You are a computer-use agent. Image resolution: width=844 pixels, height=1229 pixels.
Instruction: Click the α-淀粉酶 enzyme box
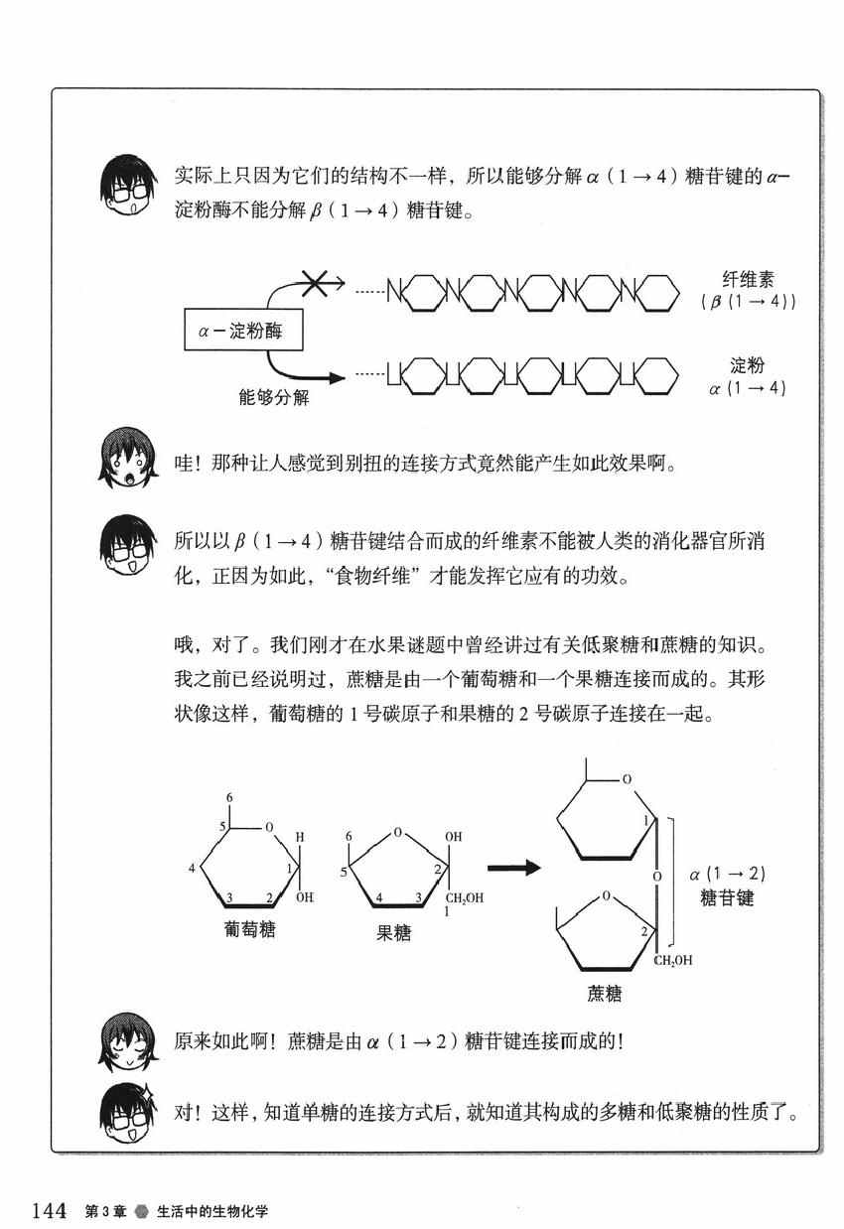coord(243,330)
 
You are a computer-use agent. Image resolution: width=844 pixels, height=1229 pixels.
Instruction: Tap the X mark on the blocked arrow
coord(315,283)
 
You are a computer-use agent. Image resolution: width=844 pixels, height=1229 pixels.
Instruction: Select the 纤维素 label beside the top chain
coord(748,279)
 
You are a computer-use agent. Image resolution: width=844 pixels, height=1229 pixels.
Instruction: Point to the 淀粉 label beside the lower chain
coord(747,365)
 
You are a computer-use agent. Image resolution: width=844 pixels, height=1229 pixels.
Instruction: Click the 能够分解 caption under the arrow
coord(274,397)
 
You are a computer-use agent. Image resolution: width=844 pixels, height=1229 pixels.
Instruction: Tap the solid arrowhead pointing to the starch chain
coord(336,377)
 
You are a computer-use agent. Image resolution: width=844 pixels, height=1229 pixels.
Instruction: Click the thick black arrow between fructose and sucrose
coord(513,867)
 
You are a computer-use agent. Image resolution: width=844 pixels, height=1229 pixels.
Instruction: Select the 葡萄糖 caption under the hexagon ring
coord(249,928)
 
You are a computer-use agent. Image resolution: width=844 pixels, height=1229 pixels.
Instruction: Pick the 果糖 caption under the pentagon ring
coord(393,931)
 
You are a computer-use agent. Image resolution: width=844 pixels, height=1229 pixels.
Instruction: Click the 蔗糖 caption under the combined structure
coord(604,993)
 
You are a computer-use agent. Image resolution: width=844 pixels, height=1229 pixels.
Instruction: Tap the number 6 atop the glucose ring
coord(229,797)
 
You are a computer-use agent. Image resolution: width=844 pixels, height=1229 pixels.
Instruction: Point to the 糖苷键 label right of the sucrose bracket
coord(727,898)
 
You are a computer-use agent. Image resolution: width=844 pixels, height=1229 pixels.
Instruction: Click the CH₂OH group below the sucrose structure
coord(673,960)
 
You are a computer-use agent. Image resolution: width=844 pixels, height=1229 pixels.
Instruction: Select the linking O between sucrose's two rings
coord(657,877)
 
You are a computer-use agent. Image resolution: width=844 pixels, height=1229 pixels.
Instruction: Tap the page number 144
coord(50,1210)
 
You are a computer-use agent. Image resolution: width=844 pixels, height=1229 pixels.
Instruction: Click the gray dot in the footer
coord(142,1210)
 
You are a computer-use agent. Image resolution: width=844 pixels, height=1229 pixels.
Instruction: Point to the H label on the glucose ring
coord(300,837)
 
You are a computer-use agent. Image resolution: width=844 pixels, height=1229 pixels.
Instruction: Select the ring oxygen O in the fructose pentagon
coord(397,832)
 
